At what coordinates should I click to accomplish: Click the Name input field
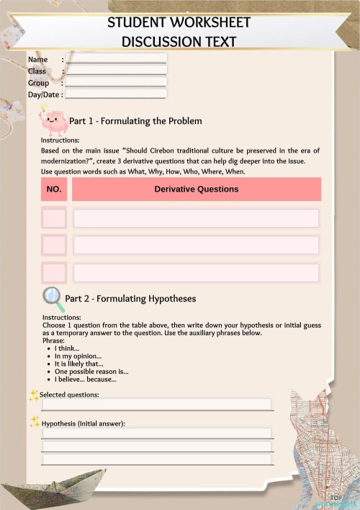coord(116,58)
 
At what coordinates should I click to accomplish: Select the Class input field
coord(116,71)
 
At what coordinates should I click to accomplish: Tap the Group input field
coord(116,82)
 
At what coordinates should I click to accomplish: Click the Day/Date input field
coord(116,94)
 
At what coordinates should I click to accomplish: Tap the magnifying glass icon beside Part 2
coord(52,295)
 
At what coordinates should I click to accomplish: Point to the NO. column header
coord(54,189)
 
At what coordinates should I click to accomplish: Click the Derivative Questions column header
coord(196,189)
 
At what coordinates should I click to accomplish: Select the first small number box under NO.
coord(54,218)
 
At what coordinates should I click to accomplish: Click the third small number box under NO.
coord(54,272)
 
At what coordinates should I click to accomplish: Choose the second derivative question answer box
coord(196,245)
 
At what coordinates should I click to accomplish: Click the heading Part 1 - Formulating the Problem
coord(135,121)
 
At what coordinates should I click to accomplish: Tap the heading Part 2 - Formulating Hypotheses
coord(130,298)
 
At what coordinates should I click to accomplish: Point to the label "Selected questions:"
coord(69,395)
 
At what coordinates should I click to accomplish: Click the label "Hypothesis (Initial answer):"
coord(84,424)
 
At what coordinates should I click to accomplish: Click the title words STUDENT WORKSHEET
coord(179,23)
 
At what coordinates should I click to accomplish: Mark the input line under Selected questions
coord(157,404)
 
